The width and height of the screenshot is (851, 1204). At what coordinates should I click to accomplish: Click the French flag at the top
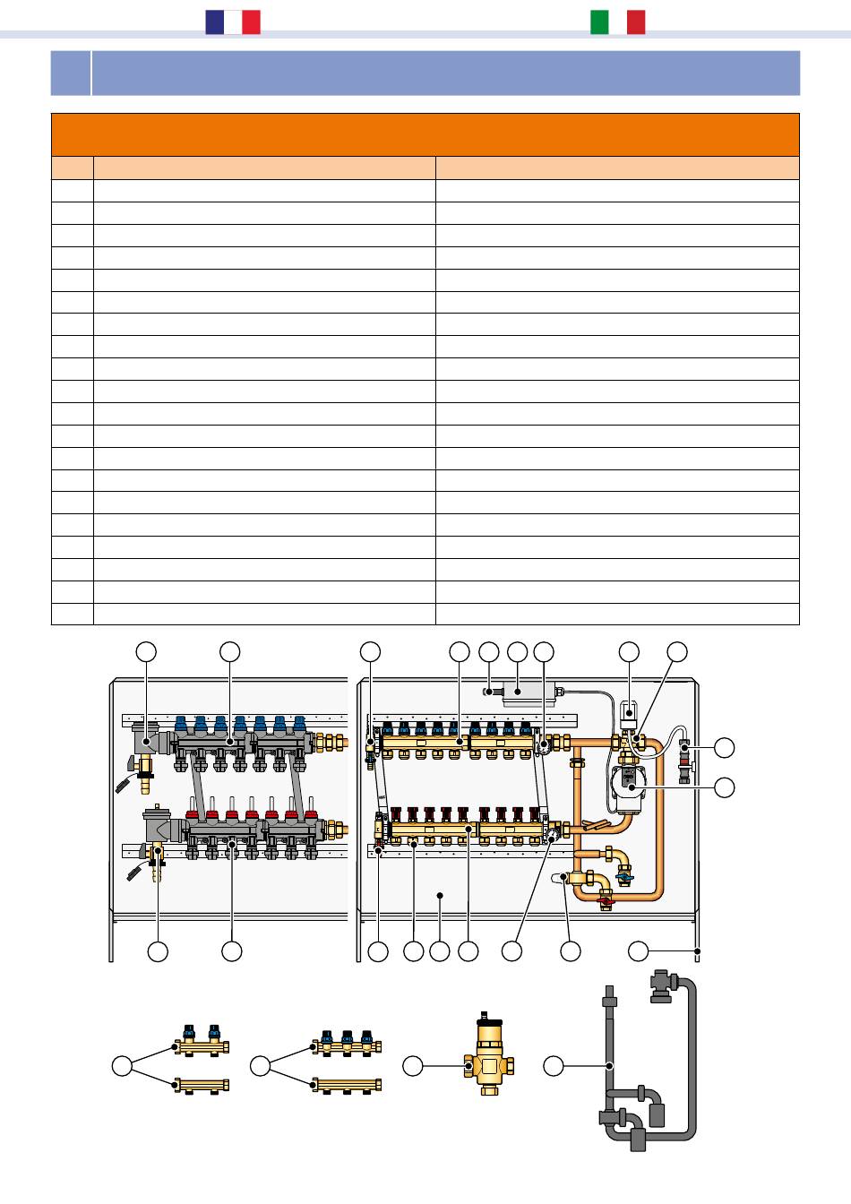coord(233,22)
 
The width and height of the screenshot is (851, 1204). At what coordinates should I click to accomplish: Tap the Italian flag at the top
coord(617,22)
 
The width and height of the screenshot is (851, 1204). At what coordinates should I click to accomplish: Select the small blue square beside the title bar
coord(70,73)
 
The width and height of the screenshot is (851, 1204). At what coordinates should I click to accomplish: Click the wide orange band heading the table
coord(425,134)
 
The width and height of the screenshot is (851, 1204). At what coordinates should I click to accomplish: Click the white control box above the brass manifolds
coord(524,692)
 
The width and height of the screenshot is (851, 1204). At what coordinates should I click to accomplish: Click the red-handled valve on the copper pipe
coord(605,896)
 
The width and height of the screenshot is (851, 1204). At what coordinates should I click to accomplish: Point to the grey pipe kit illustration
coord(647,1066)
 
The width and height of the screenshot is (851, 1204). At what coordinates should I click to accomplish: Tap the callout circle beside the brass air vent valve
coord(412,1066)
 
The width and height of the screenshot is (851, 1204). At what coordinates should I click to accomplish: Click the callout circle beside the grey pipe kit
coord(554,1066)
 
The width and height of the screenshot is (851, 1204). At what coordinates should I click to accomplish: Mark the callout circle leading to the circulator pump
coord(724,787)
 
